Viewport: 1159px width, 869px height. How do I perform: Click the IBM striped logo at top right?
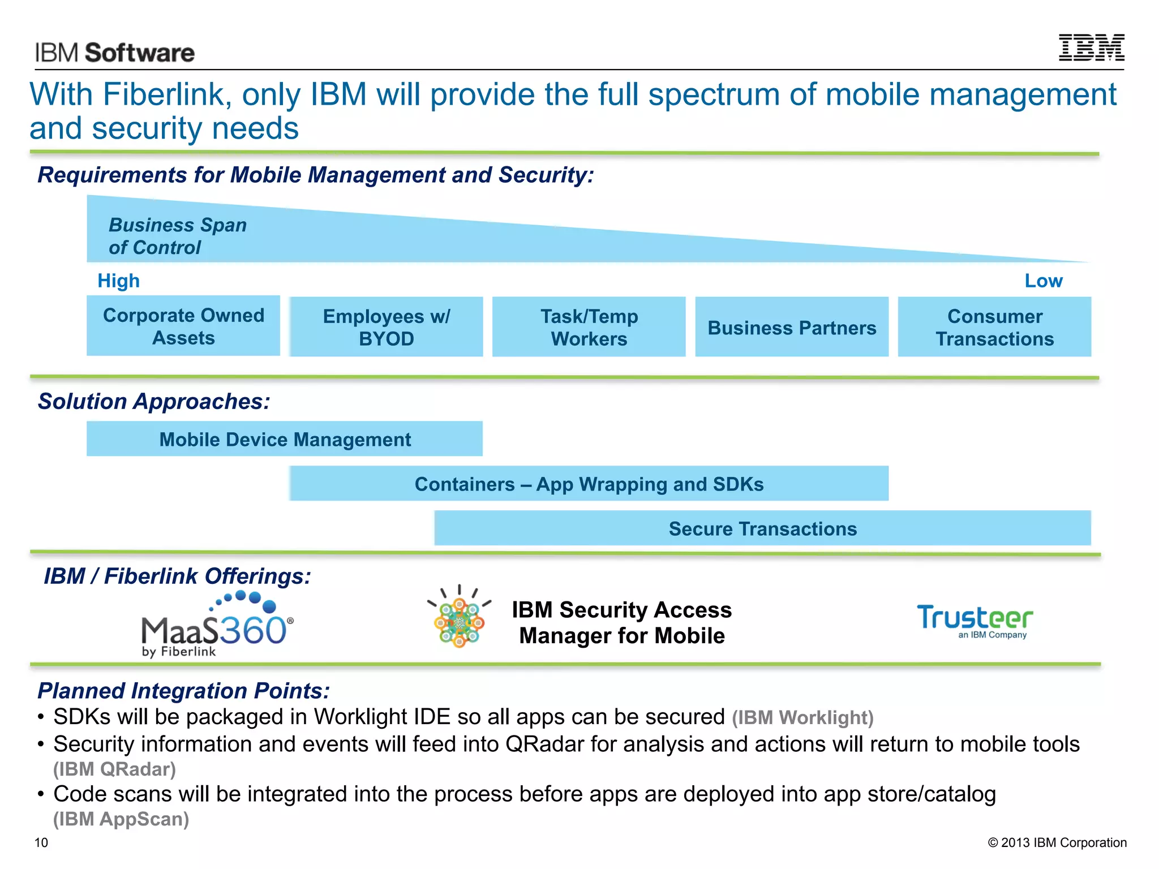point(1091,48)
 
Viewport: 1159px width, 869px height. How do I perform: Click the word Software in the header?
point(140,53)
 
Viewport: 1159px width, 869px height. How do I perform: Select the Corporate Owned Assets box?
point(183,326)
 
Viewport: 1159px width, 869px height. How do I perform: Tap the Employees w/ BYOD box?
point(387,327)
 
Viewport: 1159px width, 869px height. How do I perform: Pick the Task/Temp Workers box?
point(589,327)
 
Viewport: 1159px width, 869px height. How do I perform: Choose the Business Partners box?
point(791,328)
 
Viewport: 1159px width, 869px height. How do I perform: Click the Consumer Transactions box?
point(994,327)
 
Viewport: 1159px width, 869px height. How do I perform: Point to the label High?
point(118,281)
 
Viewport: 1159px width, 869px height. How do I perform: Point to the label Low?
point(1043,281)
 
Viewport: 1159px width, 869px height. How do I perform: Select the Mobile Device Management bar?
point(285,439)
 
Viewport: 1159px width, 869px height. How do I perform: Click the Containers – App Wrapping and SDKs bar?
point(589,484)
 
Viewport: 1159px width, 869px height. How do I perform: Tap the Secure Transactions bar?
point(762,528)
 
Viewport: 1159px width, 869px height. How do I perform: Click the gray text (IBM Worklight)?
point(802,717)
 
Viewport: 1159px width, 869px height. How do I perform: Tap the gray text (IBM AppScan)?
point(121,819)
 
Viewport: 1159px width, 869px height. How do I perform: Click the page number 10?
point(41,842)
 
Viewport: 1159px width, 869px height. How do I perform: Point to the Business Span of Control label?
point(177,236)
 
